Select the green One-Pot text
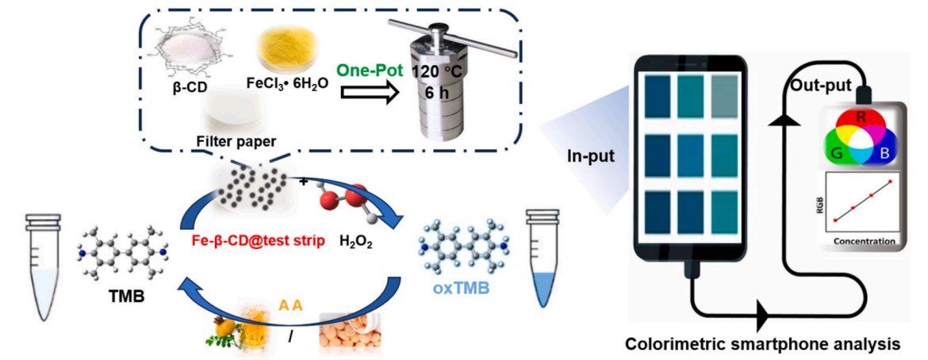369,68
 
